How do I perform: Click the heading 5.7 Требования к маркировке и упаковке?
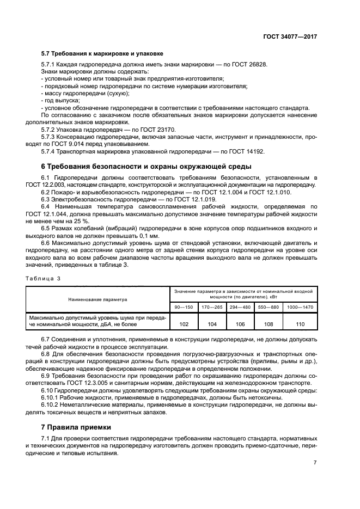102,54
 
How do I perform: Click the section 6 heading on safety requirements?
147,166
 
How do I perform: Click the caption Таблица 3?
43,278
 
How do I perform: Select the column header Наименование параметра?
97,299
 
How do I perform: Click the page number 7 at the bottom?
315,463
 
